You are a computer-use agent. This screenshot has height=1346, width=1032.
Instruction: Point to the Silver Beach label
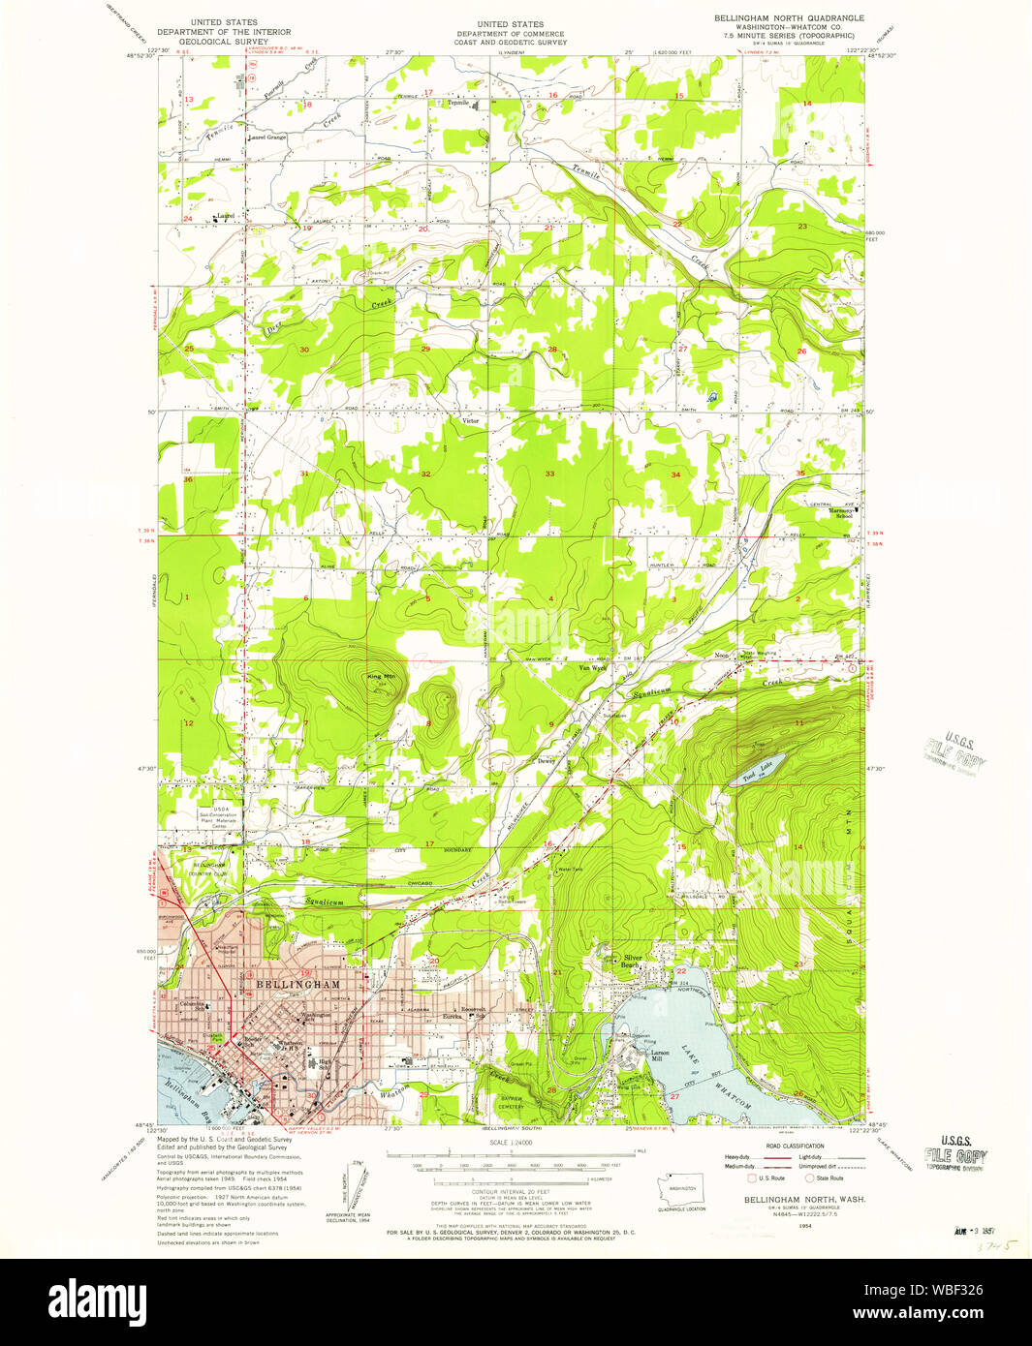(633, 961)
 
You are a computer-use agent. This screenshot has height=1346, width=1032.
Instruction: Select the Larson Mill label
(660, 1053)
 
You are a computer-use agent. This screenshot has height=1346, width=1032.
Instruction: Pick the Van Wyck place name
(591, 667)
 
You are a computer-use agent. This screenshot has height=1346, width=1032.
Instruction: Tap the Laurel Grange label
(267, 138)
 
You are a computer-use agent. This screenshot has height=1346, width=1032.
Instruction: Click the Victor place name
(471, 421)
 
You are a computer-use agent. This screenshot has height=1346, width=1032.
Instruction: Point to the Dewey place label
(546, 761)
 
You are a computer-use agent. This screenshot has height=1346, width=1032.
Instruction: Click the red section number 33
(549, 474)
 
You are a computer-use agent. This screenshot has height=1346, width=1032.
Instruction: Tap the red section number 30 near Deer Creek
(304, 350)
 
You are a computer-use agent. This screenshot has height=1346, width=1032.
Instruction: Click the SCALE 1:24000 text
(513, 1144)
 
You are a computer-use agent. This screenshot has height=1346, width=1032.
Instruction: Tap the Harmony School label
(825, 513)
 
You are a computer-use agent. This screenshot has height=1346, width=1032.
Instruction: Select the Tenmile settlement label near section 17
(457, 103)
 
